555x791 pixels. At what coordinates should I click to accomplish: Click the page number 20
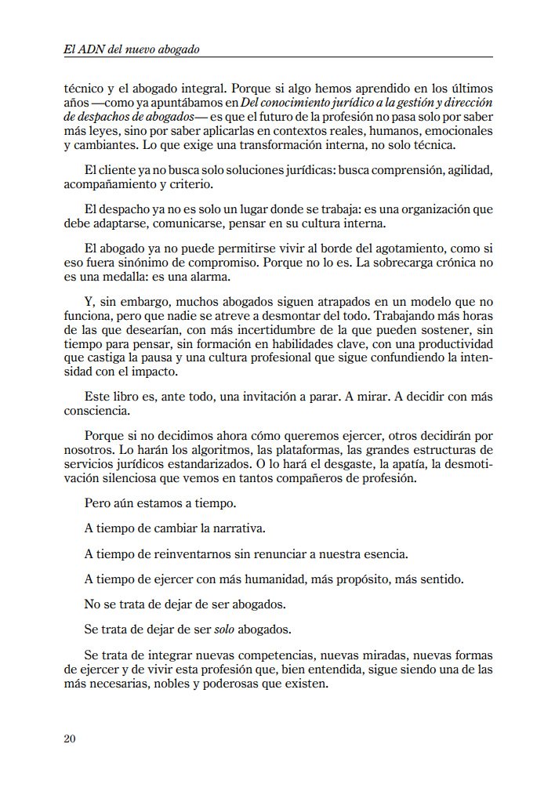tap(69, 738)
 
